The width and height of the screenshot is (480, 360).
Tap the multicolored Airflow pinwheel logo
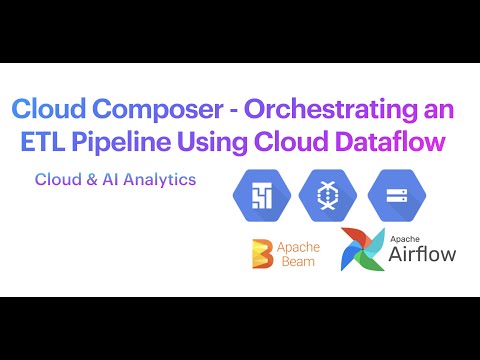[x=360, y=249]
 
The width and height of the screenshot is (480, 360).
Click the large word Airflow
[x=422, y=253]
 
